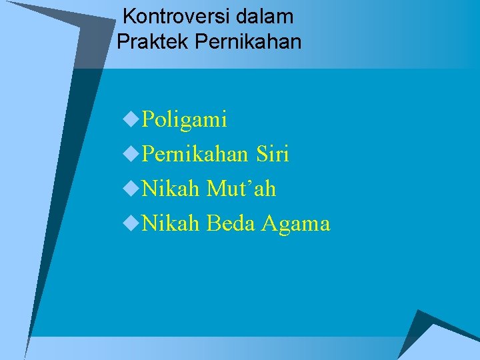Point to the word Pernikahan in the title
249,42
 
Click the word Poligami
185,120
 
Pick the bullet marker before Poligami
131,119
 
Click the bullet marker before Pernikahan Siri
131,154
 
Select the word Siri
272,155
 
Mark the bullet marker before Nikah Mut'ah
131,189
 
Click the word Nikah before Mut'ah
171,189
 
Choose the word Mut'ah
241,189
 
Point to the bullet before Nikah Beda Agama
131,223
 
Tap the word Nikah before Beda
171,224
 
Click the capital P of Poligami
149,120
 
